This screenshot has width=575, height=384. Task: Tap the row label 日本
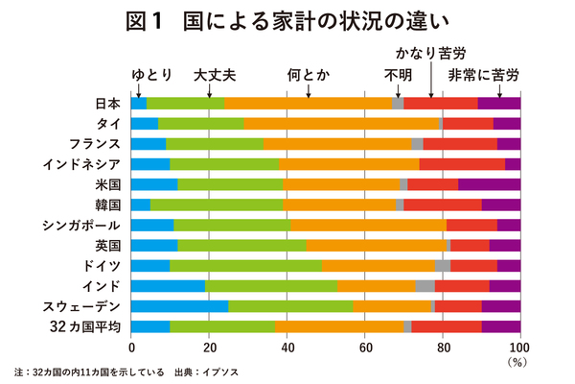click(x=107, y=103)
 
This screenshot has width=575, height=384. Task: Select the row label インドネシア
click(x=81, y=163)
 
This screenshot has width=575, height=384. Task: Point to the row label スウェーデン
click(x=81, y=306)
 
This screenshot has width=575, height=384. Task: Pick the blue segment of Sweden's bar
click(x=179, y=306)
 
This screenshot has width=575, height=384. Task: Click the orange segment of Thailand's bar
click(x=341, y=123)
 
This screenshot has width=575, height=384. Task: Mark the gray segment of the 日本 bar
click(x=399, y=103)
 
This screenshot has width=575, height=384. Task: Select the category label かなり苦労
click(x=431, y=53)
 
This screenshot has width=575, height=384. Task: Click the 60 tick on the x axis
click(x=365, y=348)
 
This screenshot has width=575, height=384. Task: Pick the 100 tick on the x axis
click(x=518, y=348)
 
